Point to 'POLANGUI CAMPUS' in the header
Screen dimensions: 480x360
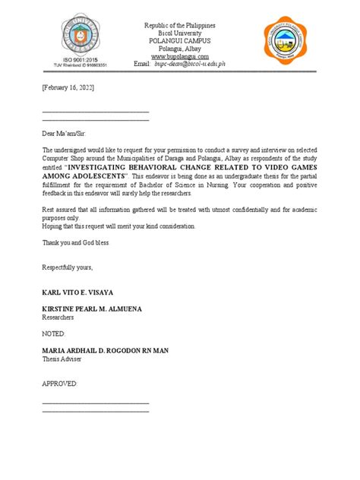[x=180, y=41]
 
